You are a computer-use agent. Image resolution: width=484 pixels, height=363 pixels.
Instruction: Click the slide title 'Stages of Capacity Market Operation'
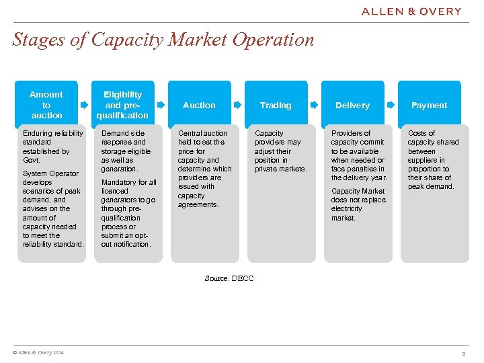click(163, 40)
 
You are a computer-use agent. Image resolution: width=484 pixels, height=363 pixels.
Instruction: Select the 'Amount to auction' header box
click(46, 105)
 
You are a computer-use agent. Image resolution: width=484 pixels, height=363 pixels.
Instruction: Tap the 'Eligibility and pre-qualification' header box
click(122, 105)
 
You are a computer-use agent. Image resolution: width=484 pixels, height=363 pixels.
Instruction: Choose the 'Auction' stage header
click(200, 106)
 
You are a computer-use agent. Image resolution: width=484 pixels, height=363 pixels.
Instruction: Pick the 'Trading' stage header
click(276, 106)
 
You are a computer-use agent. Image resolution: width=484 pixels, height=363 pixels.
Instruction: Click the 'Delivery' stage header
click(352, 106)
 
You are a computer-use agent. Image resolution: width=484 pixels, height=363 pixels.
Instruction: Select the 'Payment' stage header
click(429, 106)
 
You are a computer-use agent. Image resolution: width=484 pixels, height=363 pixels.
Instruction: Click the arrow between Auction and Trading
click(237, 106)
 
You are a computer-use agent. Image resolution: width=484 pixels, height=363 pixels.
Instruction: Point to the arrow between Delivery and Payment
click(391, 106)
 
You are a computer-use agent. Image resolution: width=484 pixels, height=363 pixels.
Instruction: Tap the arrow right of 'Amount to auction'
click(84, 106)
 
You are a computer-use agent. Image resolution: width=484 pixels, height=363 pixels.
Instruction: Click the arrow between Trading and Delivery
click(314, 106)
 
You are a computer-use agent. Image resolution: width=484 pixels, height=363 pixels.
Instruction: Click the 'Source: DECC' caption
click(229, 278)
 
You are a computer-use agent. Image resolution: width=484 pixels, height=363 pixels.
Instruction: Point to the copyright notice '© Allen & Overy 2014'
click(38, 353)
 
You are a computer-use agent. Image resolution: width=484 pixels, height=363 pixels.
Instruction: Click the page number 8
click(463, 354)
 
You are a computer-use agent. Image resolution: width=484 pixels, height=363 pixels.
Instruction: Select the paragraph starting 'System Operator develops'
click(52, 208)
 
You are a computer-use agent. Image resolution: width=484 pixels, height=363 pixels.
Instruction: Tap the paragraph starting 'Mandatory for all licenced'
click(128, 213)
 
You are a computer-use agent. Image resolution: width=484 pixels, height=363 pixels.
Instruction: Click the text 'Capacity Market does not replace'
click(358, 204)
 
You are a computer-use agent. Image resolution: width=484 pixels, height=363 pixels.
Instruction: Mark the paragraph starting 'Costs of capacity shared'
click(433, 160)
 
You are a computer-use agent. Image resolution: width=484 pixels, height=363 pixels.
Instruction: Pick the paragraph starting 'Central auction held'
click(204, 169)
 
